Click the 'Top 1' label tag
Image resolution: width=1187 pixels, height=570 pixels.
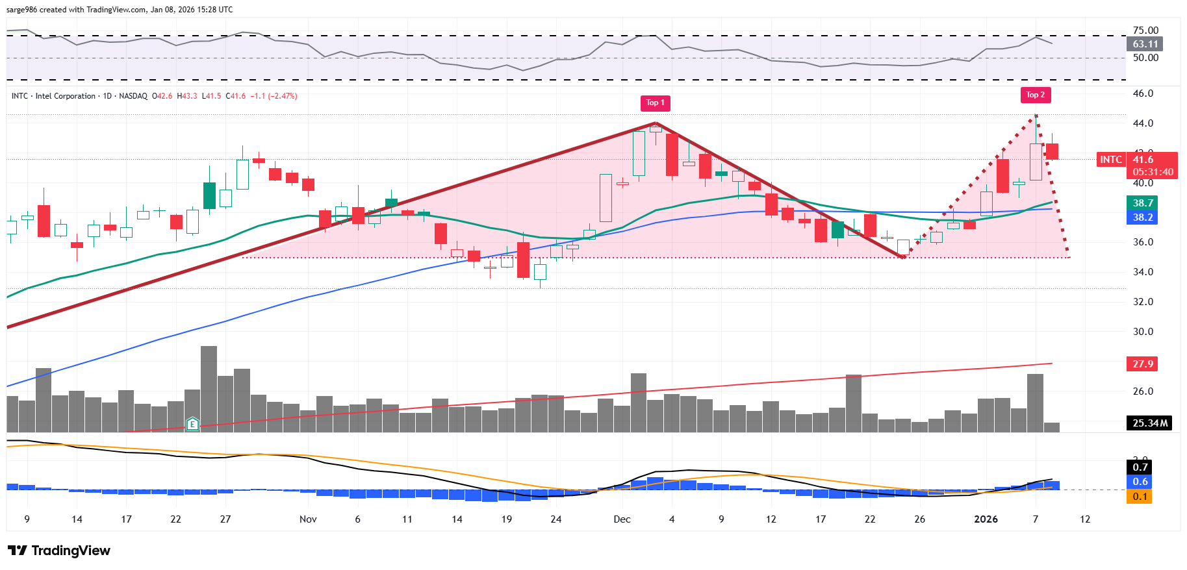coord(655,103)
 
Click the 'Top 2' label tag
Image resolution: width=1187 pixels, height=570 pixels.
coord(1035,95)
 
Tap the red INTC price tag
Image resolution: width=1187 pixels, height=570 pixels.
coord(1110,160)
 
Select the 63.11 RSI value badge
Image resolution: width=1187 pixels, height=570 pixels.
coord(1145,44)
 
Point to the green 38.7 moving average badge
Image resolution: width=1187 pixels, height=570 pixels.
coord(1143,203)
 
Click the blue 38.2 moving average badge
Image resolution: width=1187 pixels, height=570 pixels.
coord(1143,217)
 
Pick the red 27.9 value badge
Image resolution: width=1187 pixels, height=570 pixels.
coord(1143,364)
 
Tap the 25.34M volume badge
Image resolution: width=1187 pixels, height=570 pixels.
coord(1149,423)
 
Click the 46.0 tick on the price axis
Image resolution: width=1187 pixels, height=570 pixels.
coord(1143,93)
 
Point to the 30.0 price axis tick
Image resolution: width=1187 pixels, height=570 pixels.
coord(1143,332)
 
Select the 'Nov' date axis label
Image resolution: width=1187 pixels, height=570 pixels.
coord(308,519)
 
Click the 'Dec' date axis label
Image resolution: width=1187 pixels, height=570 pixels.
coord(622,519)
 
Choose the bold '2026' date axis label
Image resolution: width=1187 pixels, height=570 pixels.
coord(986,519)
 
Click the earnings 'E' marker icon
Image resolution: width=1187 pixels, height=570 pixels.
coord(192,425)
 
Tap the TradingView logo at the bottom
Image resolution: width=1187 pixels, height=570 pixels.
coord(59,551)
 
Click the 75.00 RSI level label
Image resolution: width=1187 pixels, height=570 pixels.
coord(1145,31)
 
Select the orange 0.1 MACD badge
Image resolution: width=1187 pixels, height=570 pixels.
coord(1140,497)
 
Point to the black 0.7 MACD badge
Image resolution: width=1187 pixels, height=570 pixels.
coord(1140,467)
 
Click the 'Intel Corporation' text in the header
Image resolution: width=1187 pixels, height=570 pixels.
coord(66,96)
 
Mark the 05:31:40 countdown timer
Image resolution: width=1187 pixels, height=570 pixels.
coord(1153,172)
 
